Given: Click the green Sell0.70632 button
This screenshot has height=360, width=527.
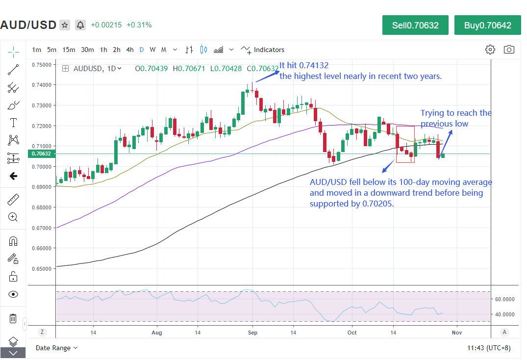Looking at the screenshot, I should pyautogui.click(x=415, y=25).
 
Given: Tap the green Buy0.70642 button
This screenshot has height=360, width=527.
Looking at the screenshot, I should pyautogui.click(x=487, y=25).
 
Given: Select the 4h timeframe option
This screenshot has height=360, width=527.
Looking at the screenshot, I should pyautogui.click(x=129, y=50).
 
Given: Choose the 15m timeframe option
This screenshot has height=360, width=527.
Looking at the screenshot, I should pyautogui.click(x=69, y=50).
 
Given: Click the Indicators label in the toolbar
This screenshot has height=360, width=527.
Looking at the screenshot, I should pyautogui.click(x=269, y=50).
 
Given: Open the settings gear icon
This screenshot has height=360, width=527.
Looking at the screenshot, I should pyautogui.click(x=490, y=50).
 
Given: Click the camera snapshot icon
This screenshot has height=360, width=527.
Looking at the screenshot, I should pyautogui.click(x=509, y=50).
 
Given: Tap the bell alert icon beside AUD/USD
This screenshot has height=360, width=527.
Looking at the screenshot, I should pyautogui.click(x=80, y=25).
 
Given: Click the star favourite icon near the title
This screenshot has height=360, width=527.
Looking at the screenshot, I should pyautogui.click(x=65, y=25).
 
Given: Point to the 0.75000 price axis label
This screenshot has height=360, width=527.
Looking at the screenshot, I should pyautogui.click(x=41, y=64).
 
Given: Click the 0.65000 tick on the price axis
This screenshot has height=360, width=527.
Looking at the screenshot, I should pyautogui.click(x=41, y=269).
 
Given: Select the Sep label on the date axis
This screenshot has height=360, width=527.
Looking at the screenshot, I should pyautogui.click(x=252, y=332).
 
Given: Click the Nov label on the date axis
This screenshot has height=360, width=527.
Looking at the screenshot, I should pyautogui.click(x=456, y=332).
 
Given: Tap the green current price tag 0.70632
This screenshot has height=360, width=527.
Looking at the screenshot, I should pyautogui.click(x=41, y=154).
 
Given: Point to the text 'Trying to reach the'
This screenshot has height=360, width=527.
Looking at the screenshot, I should pyautogui.click(x=456, y=113).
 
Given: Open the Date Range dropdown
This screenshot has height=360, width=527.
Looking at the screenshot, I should pyautogui.click(x=56, y=348).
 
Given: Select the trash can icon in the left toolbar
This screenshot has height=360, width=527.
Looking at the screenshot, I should pyautogui.click(x=13, y=318).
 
